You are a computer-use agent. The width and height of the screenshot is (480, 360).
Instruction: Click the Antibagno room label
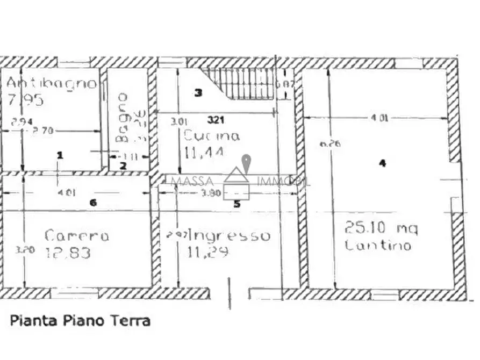coord(52,83)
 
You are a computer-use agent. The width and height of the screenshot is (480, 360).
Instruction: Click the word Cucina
coord(211,136)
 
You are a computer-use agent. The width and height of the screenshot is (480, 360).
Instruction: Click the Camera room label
coord(77,236)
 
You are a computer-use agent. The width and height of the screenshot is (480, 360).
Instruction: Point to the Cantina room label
coord(378,246)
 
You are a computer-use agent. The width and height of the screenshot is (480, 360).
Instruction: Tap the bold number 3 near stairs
coord(198,93)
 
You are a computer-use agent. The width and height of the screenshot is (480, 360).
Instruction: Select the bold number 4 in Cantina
coord(382,163)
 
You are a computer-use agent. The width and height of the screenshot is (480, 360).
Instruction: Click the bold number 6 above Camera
coord(93,203)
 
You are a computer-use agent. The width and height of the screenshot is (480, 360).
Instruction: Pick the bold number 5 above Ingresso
coord(236,204)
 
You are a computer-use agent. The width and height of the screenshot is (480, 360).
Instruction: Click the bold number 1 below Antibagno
coord(60,155)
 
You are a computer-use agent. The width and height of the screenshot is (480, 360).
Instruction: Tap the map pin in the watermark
coord(246,162)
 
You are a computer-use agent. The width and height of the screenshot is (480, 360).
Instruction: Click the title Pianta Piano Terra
coord(80,321)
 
